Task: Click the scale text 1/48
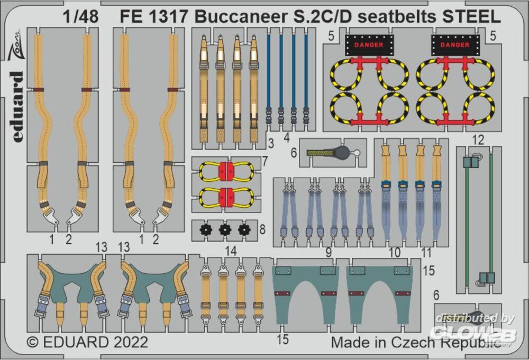pyautogui.click(x=81, y=17)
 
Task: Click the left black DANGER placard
pyautogui.click(x=369, y=45)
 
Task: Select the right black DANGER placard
pyautogui.click(x=455, y=45)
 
